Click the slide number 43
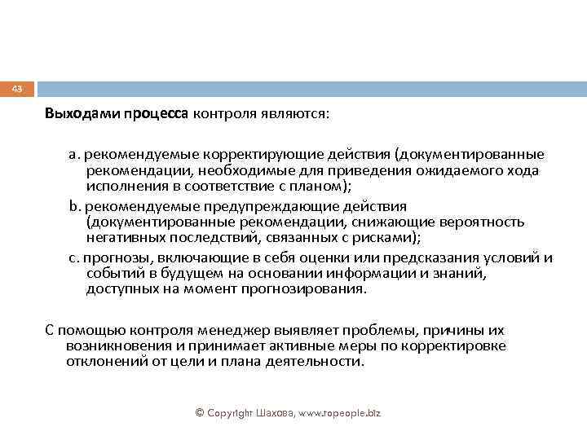(18, 89)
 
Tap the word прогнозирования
(302, 289)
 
